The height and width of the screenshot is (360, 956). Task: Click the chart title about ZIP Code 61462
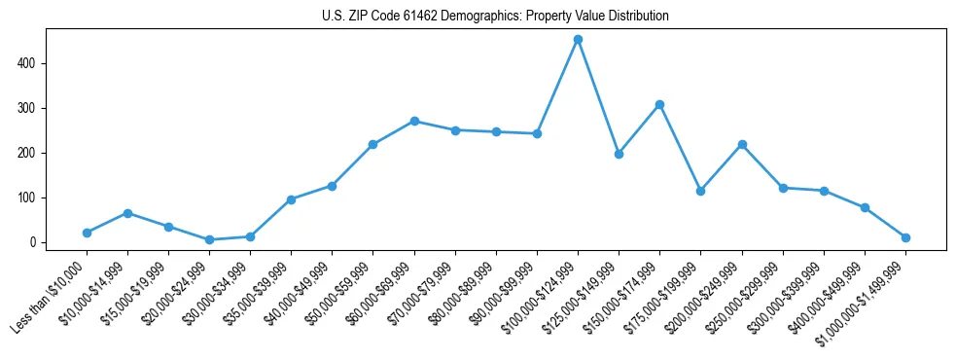pos(495,17)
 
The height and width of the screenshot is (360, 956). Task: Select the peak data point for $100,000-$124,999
pos(578,40)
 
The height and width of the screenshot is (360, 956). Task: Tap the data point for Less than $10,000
pos(87,233)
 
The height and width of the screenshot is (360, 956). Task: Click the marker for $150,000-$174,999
pos(659,104)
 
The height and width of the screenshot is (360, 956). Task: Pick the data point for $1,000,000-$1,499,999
pos(905,237)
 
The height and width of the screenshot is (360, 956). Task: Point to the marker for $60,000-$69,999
pos(414,121)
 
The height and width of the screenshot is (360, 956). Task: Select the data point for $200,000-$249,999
pos(742,144)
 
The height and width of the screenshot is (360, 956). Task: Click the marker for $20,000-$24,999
pos(209,239)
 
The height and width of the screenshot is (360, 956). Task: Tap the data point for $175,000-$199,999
pos(700,191)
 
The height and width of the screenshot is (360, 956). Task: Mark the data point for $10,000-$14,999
pos(127,212)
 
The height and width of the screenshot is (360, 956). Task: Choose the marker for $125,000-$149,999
pos(619,154)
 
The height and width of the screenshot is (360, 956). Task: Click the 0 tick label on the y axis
pos(33,242)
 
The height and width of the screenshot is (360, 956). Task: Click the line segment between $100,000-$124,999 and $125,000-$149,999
pos(598,97)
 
